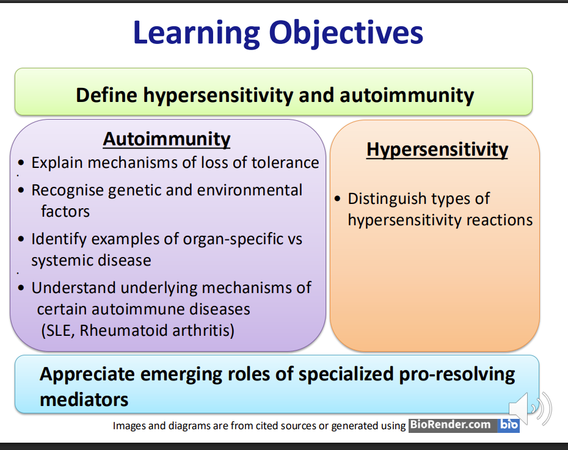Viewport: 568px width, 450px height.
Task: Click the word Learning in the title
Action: (197, 34)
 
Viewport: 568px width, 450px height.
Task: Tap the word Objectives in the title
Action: (346, 34)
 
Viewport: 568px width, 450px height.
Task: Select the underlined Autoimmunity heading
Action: (167, 139)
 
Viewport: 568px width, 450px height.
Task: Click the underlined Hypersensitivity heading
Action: (437, 150)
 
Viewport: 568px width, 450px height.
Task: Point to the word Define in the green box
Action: (106, 95)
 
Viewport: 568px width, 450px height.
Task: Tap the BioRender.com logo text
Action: (450, 424)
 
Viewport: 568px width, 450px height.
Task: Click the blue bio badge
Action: (509, 425)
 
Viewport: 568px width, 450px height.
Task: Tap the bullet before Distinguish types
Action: (338, 198)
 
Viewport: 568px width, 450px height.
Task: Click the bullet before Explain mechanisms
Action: (21, 162)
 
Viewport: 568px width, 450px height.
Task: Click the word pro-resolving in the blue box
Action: (457, 375)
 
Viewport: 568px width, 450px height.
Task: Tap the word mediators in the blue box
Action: (84, 400)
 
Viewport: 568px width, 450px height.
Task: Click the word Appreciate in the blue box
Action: (87, 375)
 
